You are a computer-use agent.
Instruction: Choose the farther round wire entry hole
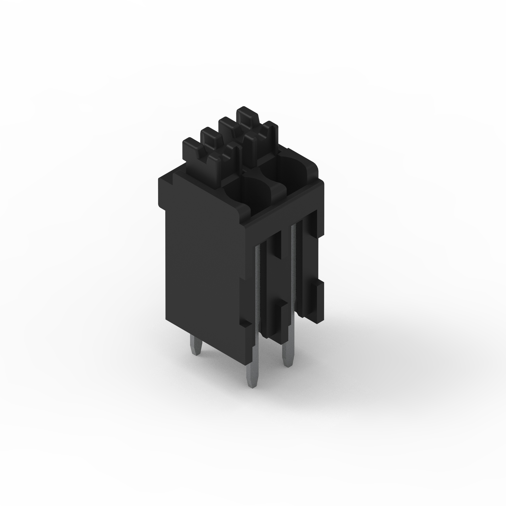(x=293, y=170)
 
